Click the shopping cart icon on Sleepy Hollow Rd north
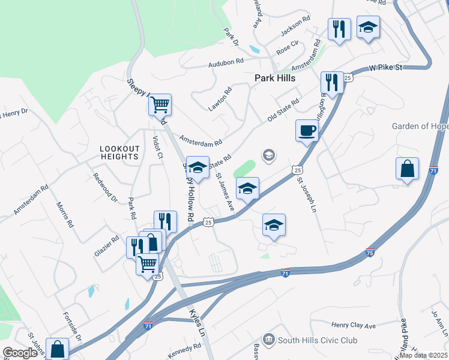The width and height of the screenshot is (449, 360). coord(160,105)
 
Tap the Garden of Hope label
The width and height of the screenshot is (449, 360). coord(420,126)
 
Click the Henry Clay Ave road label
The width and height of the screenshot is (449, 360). coord(353,325)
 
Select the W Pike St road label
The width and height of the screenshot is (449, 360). coord(385,68)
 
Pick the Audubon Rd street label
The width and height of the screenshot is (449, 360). coord(226,61)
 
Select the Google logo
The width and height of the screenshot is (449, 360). coord(20,353)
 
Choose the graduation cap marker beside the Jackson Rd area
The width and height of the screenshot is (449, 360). coord(368,28)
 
